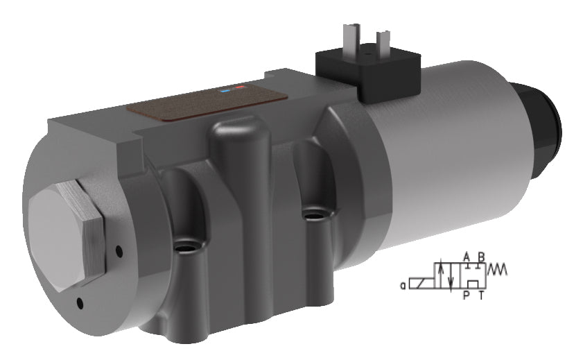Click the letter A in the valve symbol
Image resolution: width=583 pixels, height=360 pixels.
[x=467, y=257]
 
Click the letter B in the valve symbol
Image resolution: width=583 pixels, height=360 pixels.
[x=481, y=257]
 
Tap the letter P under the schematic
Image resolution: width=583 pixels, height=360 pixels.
[x=467, y=295]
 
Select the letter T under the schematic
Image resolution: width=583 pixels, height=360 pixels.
[x=482, y=295]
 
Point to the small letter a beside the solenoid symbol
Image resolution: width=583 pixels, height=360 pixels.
[x=402, y=284]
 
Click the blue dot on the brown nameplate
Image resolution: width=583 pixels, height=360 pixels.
[x=226, y=89]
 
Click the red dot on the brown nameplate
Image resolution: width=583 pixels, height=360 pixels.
[x=239, y=87]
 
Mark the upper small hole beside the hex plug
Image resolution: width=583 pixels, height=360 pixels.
[x=119, y=250]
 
